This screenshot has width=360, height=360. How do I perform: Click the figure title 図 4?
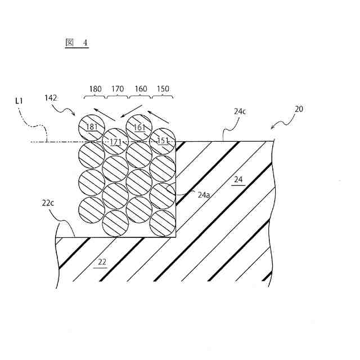pos(76,43)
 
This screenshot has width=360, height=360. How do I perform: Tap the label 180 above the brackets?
pos(96,89)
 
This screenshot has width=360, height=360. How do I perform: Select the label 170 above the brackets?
pos(118,89)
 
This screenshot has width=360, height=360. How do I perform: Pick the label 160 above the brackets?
pos(141,89)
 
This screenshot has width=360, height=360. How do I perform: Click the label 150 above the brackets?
pos(163,89)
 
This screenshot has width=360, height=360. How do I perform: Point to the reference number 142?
pos(51,98)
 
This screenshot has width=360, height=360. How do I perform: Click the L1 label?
pos(19,101)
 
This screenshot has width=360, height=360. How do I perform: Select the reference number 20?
pos(299,109)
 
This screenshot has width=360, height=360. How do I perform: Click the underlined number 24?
pos(238,181)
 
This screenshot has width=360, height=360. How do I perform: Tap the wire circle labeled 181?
pos(92,127)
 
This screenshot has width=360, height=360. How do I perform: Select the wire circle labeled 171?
pos(115,141)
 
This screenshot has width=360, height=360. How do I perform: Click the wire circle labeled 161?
pos(139,127)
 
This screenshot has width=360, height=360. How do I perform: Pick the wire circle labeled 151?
pos(163,141)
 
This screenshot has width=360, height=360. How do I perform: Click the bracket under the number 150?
pos(163,97)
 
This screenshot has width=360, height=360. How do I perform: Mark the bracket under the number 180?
pos(95,97)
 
